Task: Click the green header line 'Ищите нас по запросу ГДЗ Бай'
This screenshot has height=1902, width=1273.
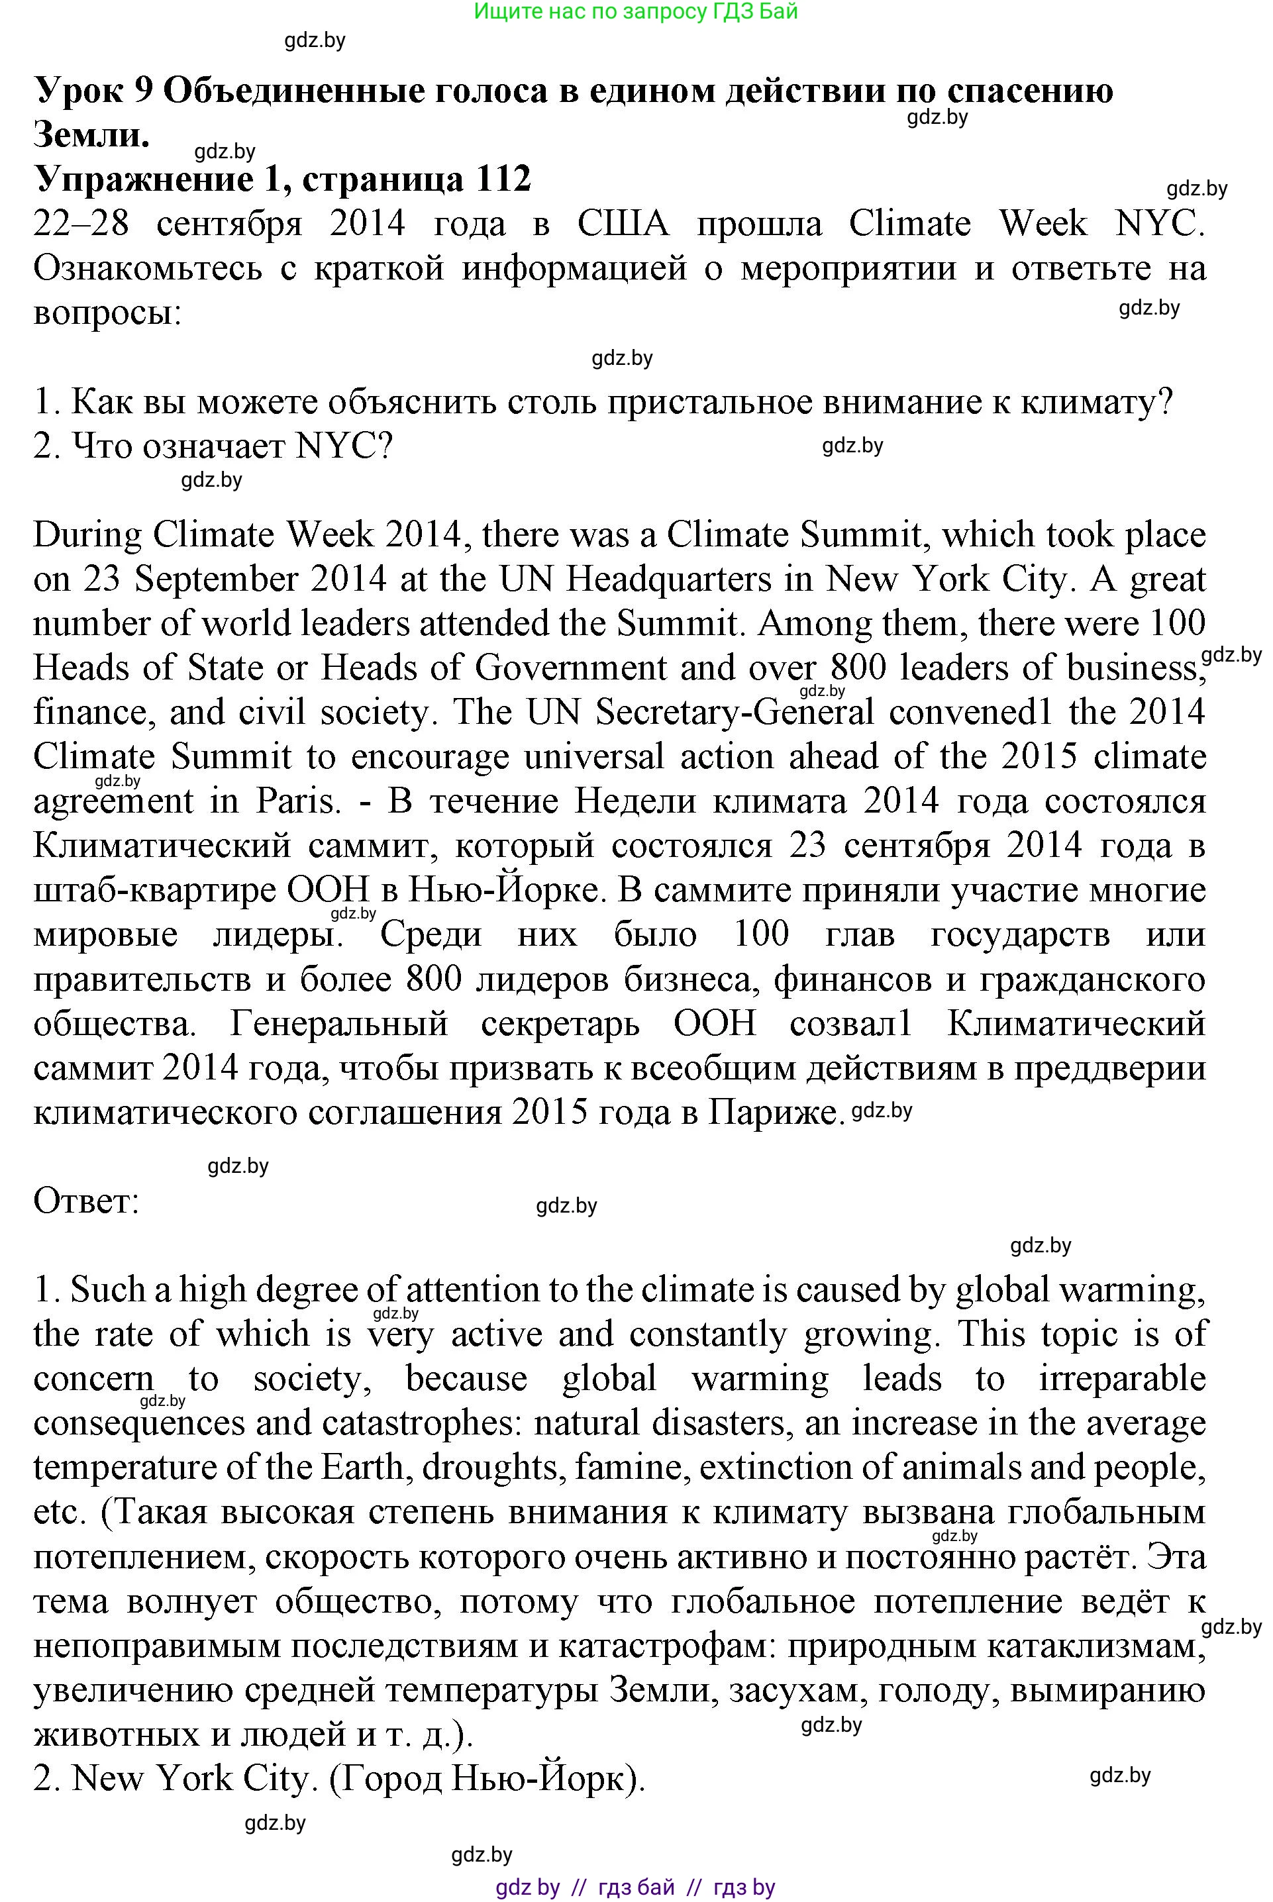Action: tap(636, 11)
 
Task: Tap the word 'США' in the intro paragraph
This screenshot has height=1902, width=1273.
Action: tap(623, 224)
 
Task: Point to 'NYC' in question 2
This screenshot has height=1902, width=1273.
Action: tap(334, 446)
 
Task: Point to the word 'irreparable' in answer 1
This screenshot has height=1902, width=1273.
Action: tap(1122, 1377)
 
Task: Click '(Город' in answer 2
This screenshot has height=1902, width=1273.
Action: tap(385, 1779)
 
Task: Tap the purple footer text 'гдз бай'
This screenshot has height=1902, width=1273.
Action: tap(636, 1885)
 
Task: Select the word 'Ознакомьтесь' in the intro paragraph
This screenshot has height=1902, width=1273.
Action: tap(148, 269)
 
